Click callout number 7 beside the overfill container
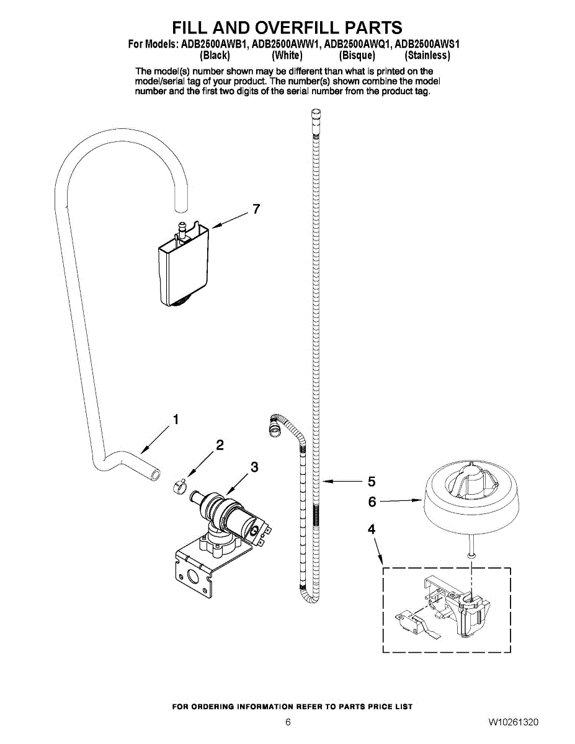coord(255,210)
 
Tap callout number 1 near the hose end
coord(176,420)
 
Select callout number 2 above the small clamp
coord(219,445)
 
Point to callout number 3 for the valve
coord(254,467)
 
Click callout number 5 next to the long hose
coord(372,481)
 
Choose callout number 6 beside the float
coord(372,502)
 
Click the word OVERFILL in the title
coord(288,28)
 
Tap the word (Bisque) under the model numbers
coord(357,55)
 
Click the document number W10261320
coord(513,722)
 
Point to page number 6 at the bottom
coord(288,722)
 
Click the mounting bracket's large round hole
coord(194,577)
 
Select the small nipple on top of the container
coord(182,228)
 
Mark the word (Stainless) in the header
coord(427,55)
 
